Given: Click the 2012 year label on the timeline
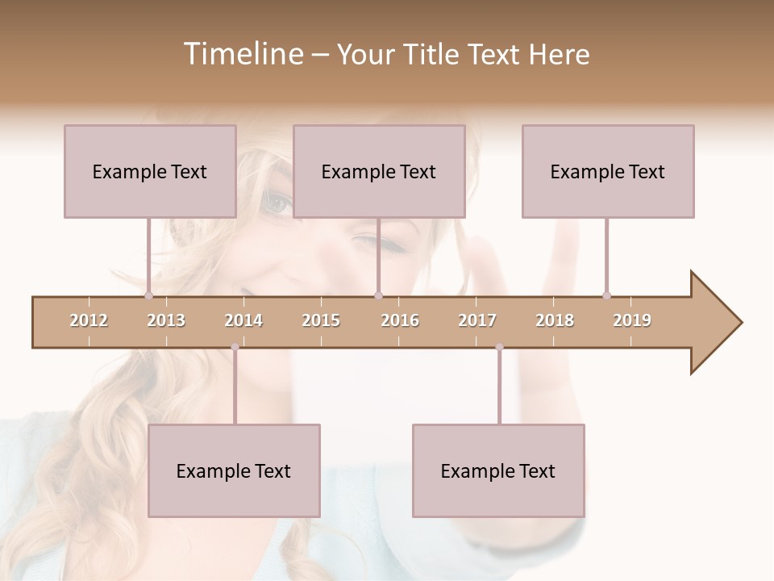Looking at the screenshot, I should tap(89, 320).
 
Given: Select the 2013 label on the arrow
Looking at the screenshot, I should tap(166, 320).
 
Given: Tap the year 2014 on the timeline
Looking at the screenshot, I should tap(243, 320).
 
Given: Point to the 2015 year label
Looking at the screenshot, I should tap(321, 320).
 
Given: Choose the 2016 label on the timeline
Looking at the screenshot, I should tap(400, 320).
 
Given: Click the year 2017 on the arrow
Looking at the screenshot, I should tap(477, 320).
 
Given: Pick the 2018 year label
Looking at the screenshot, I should tap(555, 320).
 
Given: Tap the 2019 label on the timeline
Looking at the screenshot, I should tap(632, 320).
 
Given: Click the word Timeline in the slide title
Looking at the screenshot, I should tap(242, 54).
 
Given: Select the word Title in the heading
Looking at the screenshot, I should tap(433, 54).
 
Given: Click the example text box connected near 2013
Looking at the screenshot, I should tap(150, 171).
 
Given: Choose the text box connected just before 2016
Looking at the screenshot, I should tap(379, 171).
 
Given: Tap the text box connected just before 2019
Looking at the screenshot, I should tap(608, 171).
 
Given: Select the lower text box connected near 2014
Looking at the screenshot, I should tap(234, 470).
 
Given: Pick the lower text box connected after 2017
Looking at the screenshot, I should tap(498, 470).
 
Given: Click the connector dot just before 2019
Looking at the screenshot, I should tap(606, 295).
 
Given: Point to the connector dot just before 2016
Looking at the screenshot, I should tap(378, 295).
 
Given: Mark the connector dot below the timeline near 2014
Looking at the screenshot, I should tap(235, 347).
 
